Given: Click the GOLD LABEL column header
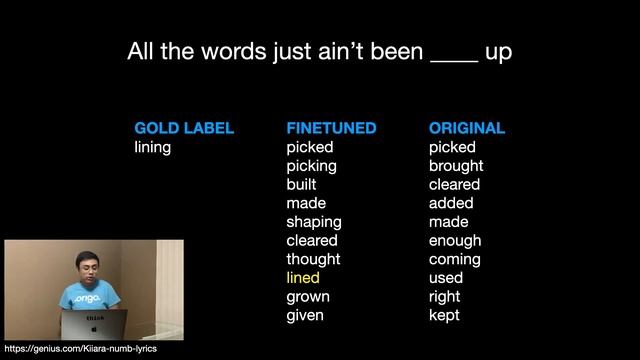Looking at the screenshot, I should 184,128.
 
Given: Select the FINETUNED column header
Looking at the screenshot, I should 331,128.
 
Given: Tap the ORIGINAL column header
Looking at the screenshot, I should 467,128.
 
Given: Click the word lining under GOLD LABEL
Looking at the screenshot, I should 153,147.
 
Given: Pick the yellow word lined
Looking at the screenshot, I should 303,277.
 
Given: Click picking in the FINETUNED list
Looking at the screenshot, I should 311,165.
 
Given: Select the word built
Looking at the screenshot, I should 301,184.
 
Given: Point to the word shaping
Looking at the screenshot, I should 314,221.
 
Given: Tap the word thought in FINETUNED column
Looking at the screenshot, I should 313,259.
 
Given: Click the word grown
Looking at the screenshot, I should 308,296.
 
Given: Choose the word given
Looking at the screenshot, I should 305,315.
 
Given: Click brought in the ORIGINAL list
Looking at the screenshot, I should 456,165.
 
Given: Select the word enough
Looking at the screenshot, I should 455,240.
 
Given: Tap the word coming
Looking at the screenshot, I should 455,259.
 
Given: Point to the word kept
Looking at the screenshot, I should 444,315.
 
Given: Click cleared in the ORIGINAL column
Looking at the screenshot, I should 454,184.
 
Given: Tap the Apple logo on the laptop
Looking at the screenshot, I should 95,326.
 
